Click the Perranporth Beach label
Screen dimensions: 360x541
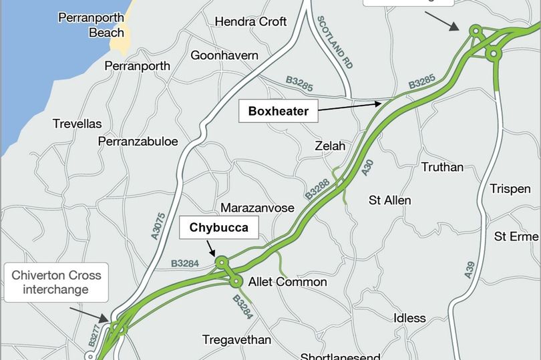click(92, 25)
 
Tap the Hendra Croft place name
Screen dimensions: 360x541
click(250, 22)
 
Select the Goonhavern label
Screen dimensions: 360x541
click(224, 55)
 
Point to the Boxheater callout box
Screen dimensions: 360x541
click(278, 112)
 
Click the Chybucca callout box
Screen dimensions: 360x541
click(218, 228)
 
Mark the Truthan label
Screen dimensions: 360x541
click(442, 167)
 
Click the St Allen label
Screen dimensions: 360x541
click(390, 200)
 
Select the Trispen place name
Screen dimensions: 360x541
click(510, 189)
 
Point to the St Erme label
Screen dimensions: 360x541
click(516, 236)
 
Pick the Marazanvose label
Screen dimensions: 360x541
click(257, 208)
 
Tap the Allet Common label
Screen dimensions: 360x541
click(287, 282)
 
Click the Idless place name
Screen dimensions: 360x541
click(409, 318)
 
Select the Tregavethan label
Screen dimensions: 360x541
click(236, 340)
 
